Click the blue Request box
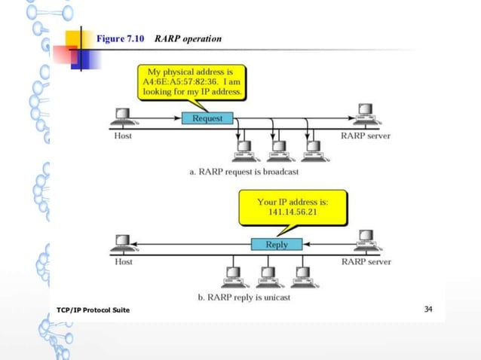[207, 119]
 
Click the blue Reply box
[276, 244]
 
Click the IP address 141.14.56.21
[292, 213]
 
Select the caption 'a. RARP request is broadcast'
[244, 172]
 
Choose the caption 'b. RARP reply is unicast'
[244, 297]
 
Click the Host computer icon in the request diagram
[121, 118]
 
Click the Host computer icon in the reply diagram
[121, 243]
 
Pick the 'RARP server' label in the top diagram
[366, 136]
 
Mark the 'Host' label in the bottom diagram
[123, 262]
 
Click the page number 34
[428, 310]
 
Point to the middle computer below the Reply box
[267, 274]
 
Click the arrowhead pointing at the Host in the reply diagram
[140, 244]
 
